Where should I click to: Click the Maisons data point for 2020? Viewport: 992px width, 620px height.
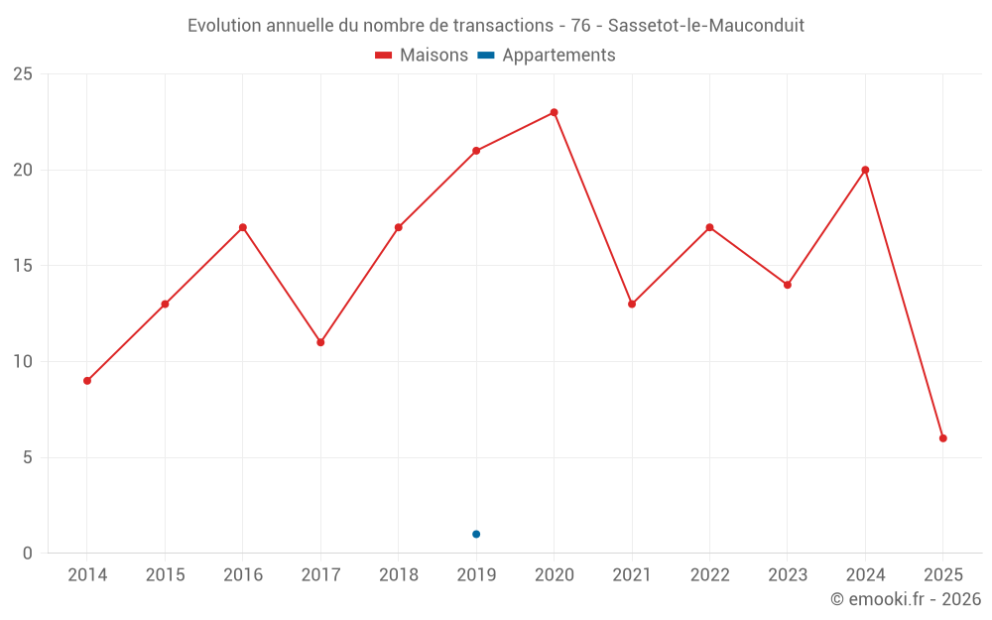pos(554,112)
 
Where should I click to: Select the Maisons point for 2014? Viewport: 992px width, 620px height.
pos(87,381)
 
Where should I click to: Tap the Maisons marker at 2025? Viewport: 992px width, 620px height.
pos(943,438)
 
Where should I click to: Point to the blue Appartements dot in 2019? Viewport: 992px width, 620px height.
pos(476,535)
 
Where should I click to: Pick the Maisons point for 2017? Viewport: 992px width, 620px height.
pos(320,342)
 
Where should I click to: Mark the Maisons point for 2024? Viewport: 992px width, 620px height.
pos(865,170)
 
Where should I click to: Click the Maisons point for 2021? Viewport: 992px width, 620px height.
pos(632,305)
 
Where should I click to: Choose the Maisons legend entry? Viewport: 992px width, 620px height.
pos(422,56)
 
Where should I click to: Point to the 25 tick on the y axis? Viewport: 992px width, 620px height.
pos(23,74)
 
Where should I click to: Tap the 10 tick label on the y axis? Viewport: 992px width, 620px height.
pos(23,362)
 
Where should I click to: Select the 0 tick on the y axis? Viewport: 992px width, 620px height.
pos(28,554)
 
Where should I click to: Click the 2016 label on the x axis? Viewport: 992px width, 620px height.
pos(243,575)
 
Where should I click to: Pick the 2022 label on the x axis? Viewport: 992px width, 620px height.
pos(709,575)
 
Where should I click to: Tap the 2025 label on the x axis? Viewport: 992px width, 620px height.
pos(943,575)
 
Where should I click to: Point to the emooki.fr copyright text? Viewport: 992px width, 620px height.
pos(906,599)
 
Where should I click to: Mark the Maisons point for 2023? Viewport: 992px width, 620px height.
pos(788,285)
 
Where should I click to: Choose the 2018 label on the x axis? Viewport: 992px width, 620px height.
pos(398,575)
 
